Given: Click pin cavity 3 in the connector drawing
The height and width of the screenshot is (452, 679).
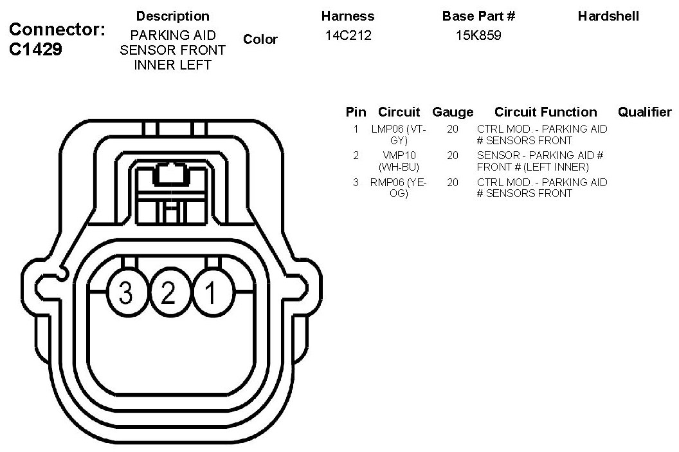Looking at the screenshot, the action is pyautogui.click(x=125, y=294).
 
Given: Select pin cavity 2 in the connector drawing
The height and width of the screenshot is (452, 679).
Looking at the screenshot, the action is pyautogui.click(x=168, y=294).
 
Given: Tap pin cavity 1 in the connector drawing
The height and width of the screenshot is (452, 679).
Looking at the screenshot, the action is pyautogui.click(x=210, y=294).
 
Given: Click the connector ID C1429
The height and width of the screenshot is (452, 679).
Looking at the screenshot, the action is pyautogui.click(x=36, y=50).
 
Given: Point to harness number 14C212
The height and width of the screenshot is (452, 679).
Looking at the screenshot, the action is pyautogui.click(x=349, y=35).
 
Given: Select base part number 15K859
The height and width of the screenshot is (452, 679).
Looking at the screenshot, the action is pyautogui.click(x=478, y=35).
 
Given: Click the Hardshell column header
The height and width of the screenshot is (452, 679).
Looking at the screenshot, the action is pyautogui.click(x=608, y=16).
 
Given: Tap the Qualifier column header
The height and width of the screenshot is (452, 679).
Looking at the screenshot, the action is pyautogui.click(x=644, y=112).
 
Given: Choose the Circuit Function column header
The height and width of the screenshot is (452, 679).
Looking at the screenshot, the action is pyautogui.click(x=545, y=112).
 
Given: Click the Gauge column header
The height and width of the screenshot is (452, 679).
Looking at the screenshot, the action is pyautogui.click(x=453, y=112).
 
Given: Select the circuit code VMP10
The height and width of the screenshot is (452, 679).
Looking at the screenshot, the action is pyautogui.click(x=399, y=155).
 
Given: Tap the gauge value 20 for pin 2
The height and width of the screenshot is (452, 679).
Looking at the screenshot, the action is pyautogui.click(x=453, y=155).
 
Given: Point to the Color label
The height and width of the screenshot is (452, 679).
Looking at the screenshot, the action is pyautogui.click(x=260, y=39).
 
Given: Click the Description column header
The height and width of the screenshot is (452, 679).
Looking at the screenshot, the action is pyautogui.click(x=173, y=16).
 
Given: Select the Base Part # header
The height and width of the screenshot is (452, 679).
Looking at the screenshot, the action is pyautogui.click(x=478, y=16).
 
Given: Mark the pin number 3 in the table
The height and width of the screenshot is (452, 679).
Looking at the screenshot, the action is pyautogui.click(x=356, y=182).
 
